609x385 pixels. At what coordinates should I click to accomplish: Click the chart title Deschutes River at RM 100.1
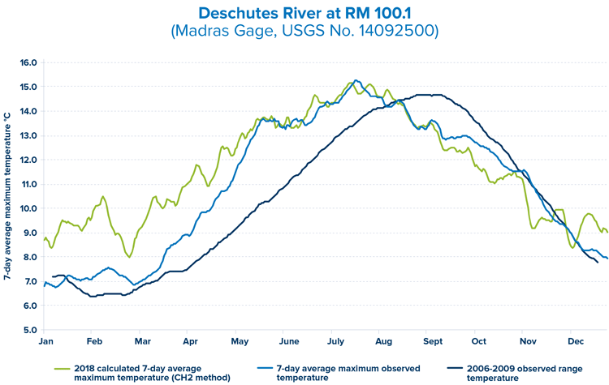tap(304, 14)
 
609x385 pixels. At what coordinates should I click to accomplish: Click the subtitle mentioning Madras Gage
tap(304, 32)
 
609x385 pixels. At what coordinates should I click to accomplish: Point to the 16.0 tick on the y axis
tap(28, 62)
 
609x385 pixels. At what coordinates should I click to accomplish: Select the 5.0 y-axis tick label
tap(28, 330)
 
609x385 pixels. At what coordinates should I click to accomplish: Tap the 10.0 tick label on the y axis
tap(28, 208)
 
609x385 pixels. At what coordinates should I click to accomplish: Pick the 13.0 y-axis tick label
tap(28, 135)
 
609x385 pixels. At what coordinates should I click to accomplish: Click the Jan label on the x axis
tap(46, 343)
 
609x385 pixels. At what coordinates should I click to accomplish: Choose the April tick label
tap(191, 343)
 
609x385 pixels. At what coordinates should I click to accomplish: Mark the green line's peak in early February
tap(103, 197)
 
